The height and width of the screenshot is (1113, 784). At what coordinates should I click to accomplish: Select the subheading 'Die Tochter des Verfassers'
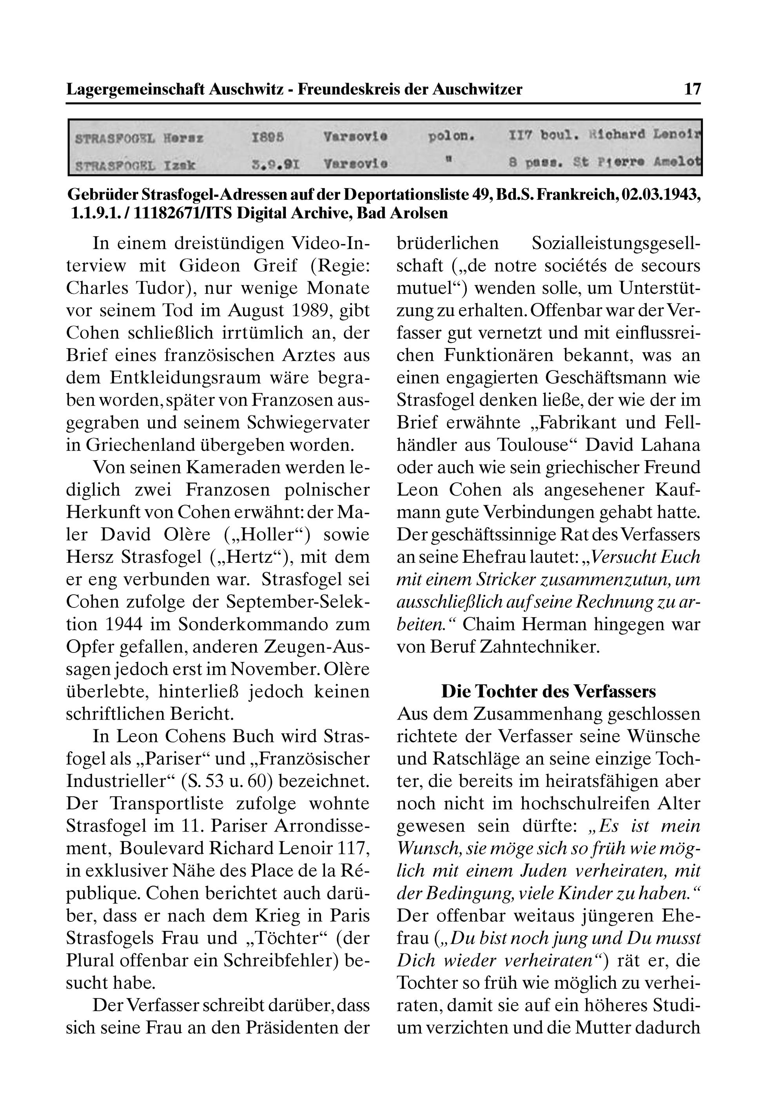[548, 691]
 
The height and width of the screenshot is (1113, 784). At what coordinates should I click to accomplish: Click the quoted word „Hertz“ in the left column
[257, 557]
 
